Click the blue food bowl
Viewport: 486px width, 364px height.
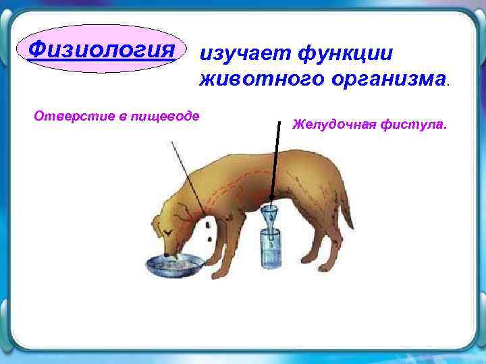pos(173,264)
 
